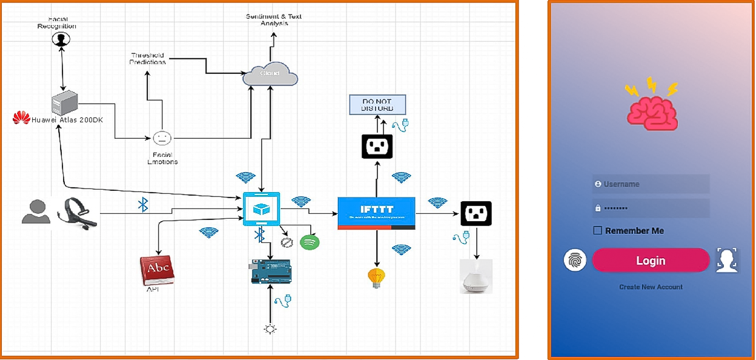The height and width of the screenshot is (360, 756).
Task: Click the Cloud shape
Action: [x=270, y=75]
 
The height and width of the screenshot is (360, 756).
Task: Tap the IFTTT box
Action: [x=376, y=213]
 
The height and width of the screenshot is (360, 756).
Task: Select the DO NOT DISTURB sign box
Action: [x=377, y=105]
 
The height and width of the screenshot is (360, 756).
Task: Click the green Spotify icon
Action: [x=310, y=242]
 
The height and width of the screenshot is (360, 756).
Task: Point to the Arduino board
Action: [x=271, y=271]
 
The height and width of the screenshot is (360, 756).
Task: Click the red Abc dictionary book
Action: [x=157, y=270]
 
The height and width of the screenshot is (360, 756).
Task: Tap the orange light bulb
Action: [x=377, y=278]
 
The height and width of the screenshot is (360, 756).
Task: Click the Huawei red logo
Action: [x=21, y=118]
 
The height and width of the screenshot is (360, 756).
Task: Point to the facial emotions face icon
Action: [x=162, y=138]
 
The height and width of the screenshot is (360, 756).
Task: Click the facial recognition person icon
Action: [x=61, y=39]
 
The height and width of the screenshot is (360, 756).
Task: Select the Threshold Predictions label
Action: [x=148, y=58]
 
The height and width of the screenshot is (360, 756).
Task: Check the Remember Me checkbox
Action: [x=598, y=230]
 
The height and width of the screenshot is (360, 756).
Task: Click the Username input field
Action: [x=651, y=184]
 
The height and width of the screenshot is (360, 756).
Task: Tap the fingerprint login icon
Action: [x=575, y=260]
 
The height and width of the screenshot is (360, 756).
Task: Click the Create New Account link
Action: [x=651, y=287]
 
